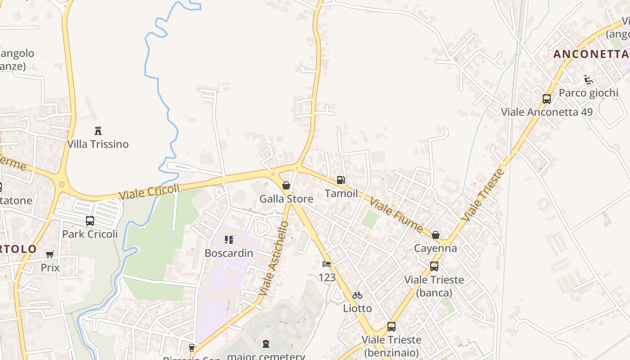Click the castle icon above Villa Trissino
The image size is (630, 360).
coord(98,131)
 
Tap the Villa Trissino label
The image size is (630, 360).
coord(98,144)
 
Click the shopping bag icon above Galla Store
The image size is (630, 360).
coord(286,185)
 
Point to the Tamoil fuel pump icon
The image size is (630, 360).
coord(341,180)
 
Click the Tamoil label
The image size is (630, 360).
coord(342,193)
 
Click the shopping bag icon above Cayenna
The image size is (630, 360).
coord(435,235)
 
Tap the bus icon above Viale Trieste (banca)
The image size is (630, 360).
coord(434,266)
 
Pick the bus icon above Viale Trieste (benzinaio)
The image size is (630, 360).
coord(391,327)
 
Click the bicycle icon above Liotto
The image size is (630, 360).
coord(357,295)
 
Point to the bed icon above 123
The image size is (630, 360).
coord(327,264)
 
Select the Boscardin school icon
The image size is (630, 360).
coord(229,240)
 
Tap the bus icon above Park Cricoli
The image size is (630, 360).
coord(90,221)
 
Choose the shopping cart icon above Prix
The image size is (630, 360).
coord(50,255)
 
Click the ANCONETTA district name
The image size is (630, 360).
coord(591,54)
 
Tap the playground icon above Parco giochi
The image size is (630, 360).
coord(588,80)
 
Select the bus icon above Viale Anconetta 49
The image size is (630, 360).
coord(547,99)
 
